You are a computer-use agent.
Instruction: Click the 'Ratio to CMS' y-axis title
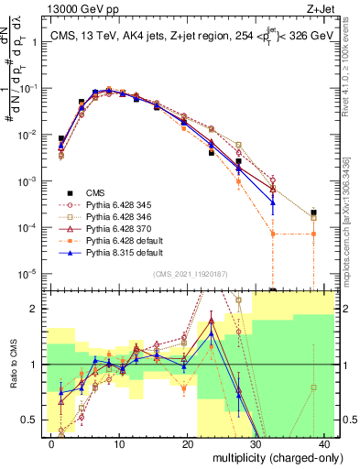coord(12,365)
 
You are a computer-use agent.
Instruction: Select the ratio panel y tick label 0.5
coord(31,420)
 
